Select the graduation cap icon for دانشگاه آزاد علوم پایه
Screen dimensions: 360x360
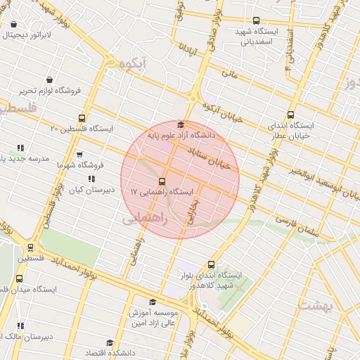[x=181, y=124]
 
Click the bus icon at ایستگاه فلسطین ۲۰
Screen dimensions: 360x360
[x=83, y=118]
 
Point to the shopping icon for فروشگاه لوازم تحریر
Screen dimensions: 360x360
[x=49, y=80]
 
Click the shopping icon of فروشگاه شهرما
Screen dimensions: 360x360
[x=79, y=155]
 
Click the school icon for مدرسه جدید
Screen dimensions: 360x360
[x=20, y=148]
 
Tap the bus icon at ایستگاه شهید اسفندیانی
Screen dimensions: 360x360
[x=256, y=21]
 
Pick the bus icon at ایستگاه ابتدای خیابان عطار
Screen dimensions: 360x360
[x=291, y=115]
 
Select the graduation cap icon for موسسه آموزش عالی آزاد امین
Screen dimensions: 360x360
[x=152, y=302]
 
